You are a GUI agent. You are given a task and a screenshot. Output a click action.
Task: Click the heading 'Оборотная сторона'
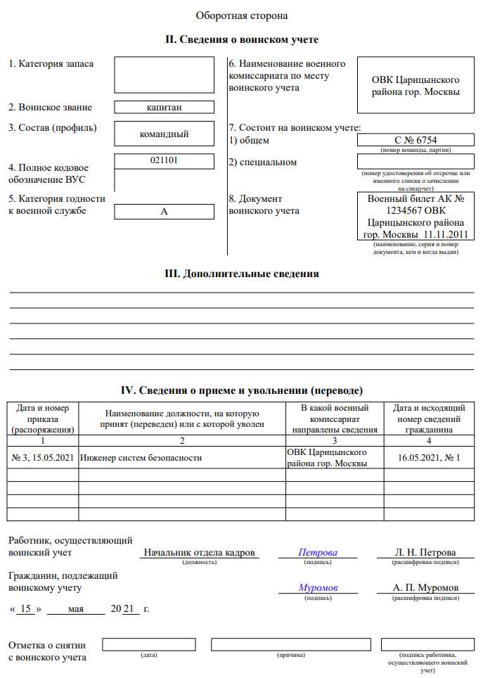(x=241, y=15)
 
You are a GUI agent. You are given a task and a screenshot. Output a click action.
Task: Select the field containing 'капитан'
(x=164, y=108)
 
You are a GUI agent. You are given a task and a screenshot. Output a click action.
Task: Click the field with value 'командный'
(x=164, y=134)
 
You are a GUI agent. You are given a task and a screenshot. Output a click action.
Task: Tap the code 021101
(x=164, y=160)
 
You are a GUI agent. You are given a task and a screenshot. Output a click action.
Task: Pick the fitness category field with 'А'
(x=164, y=211)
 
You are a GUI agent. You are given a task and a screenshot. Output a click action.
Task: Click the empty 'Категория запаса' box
(x=164, y=75)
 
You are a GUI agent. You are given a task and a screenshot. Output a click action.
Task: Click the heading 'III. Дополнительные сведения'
(x=241, y=274)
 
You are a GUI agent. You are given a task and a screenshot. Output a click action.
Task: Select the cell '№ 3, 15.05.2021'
(x=43, y=458)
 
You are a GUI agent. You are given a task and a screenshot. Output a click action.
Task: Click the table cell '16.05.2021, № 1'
(x=429, y=458)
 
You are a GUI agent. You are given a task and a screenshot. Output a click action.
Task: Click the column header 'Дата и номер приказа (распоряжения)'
(x=43, y=418)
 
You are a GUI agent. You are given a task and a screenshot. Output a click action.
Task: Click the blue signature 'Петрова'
(x=318, y=552)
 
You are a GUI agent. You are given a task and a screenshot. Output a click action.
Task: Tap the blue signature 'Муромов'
(x=318, y=587)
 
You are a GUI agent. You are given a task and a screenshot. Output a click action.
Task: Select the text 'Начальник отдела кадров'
(x=199, y=552)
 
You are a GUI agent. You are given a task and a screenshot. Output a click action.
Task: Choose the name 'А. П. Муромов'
(x=427, y=587)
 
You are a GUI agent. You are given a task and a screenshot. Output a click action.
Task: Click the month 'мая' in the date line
(x=77, y=608)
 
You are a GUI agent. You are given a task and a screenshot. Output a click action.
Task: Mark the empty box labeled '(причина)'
(x=290, y=644)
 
